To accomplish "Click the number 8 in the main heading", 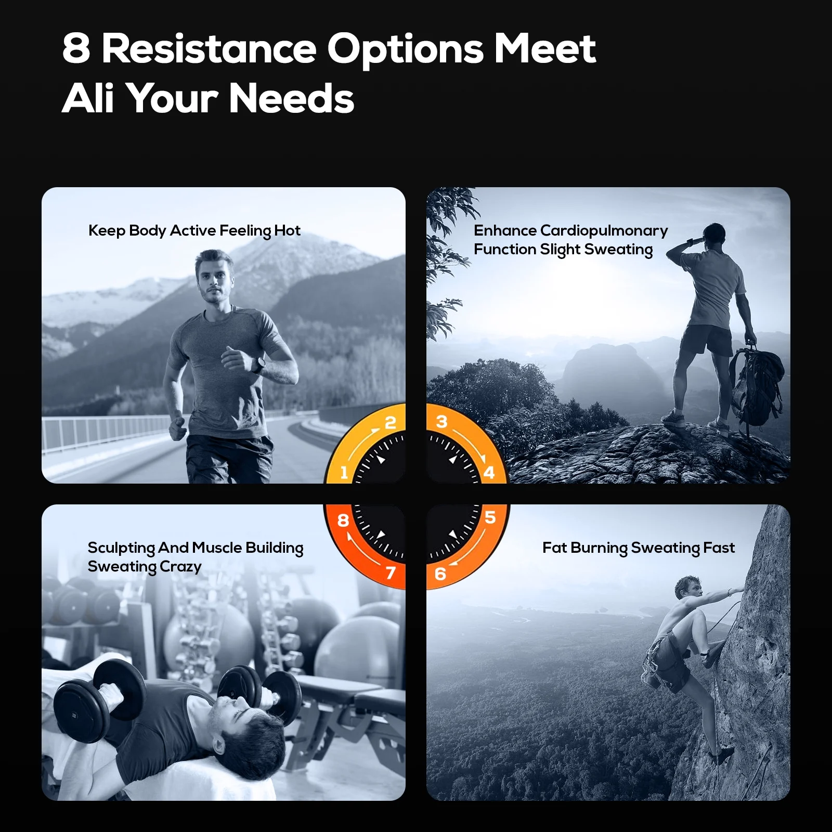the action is click(76, 48).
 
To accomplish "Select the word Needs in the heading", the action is click(292, 98).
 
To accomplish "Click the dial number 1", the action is click(344, 473).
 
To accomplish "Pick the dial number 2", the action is click(390, 422).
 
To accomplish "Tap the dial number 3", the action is click(441, 421).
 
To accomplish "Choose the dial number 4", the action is click(489, 473).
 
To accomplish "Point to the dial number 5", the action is click(490, 517).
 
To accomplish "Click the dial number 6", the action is click(440, 574).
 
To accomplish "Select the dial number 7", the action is click(391, 573).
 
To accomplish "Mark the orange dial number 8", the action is click(343, 520).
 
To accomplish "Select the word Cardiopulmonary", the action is click(604, 231).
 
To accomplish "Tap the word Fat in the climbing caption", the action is click(554, 548).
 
